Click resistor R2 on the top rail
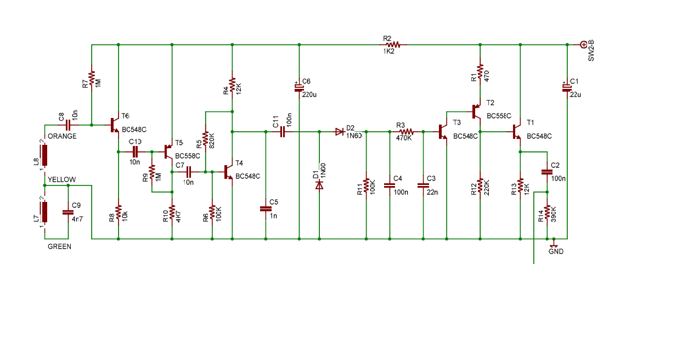pyautogui.click(x=393, y=44)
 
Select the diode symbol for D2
pyautogui.click(x=340, y=132)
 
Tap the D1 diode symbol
pyautogui.click(x=319, y=185)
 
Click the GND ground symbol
pyautogui.click(x=554, y=243)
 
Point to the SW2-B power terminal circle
pyautogui.click(x=584, y=45)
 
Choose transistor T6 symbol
pyautogui.click(x=115, y=125)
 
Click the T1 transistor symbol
pyautogui.click(x=517, y=132)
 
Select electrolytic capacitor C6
pyautogui.click(x=299, y=88)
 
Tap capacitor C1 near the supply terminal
pyautogui.click(x=567, y=88)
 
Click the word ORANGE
pyautogui.click(x=62, y=136)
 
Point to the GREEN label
pyautogui.click(x=59, y=246)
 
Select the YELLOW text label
pyautogui.click(x=62, y=179)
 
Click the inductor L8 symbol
pyautogui.click(x=44, y=155)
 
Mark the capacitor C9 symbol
pyautogui.click(x=68, y=212)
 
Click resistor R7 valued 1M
pyautogui.click(x=92, y=78)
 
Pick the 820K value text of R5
pyautogui.click(x=211, y=141)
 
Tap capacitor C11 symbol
pyautogui.click(x=283, y=132)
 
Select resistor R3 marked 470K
pyautogui.click(x=407, y=132)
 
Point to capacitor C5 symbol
pyautogui.click(x=266, y=209)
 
